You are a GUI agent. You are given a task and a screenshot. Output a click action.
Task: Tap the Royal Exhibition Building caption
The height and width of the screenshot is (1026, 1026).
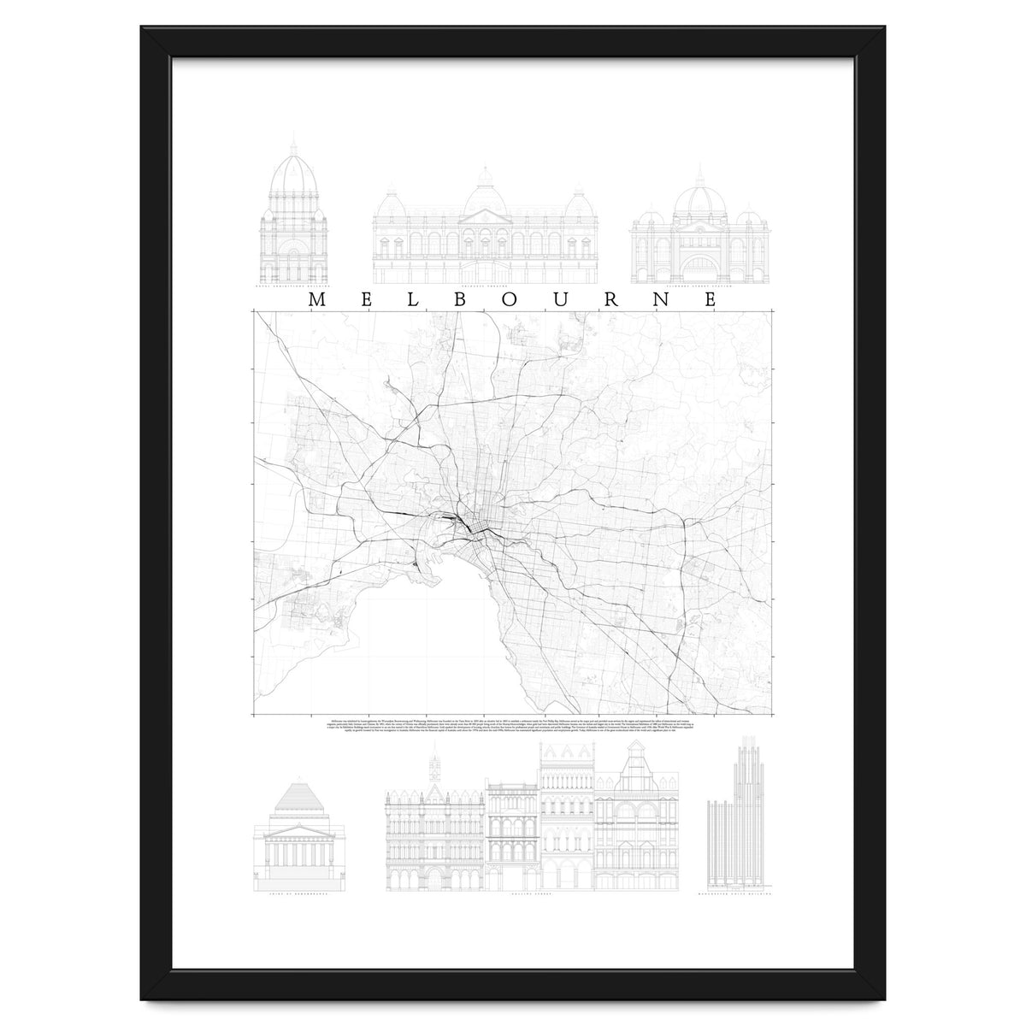293,288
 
